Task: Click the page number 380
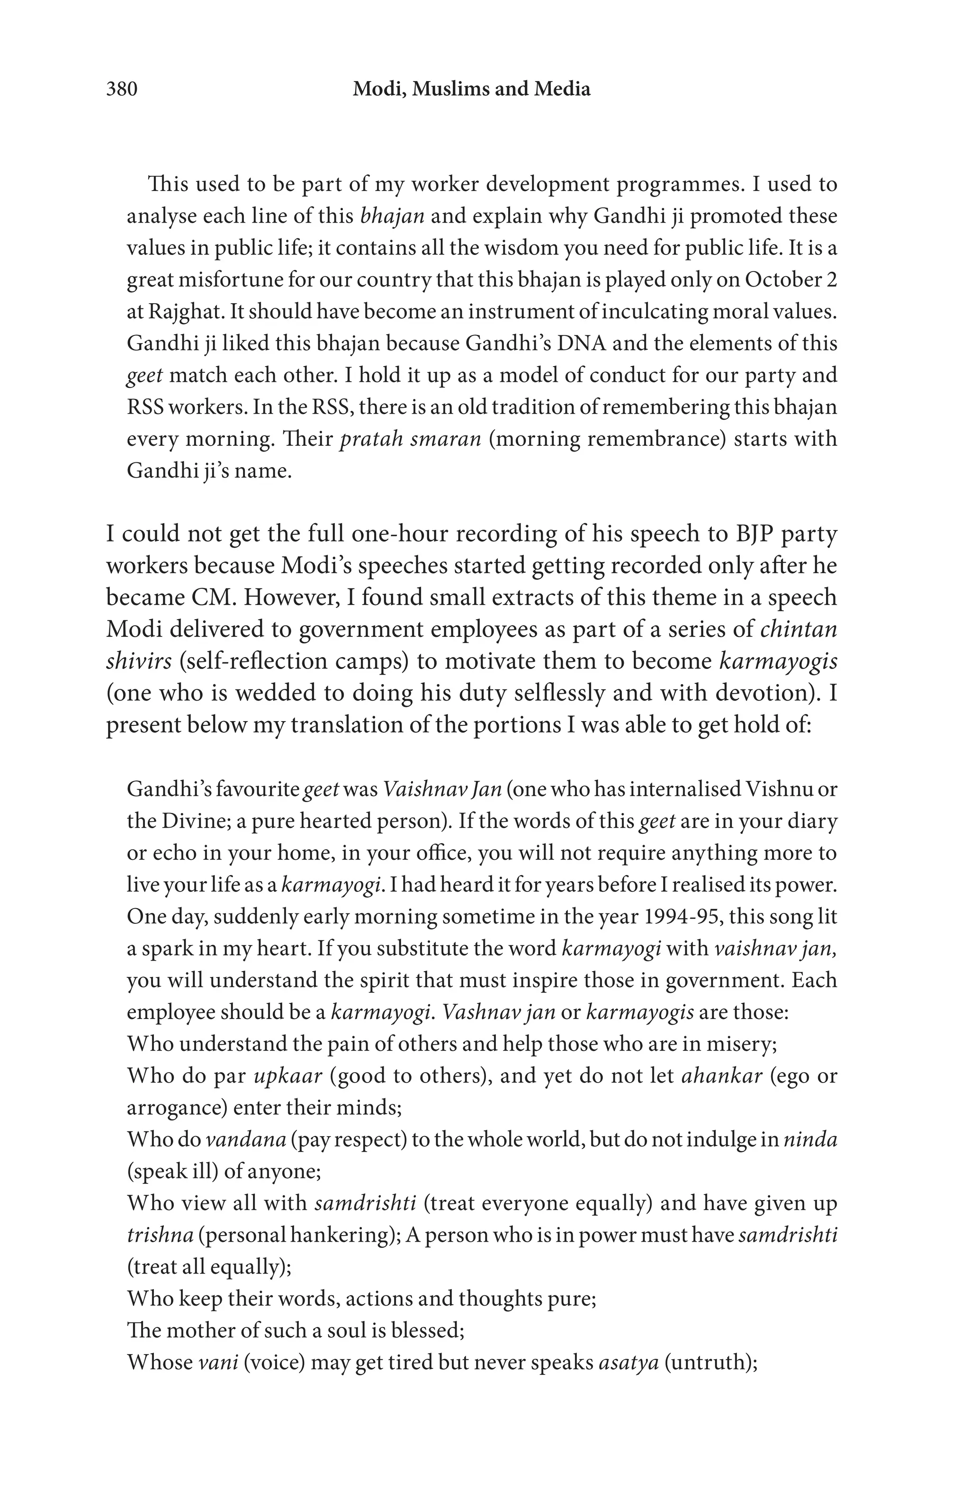[121, 90]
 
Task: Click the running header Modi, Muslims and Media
[471, 90]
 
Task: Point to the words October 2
[790, 280]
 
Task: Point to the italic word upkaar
[287, 1075]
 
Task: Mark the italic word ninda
[810, 1139]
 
